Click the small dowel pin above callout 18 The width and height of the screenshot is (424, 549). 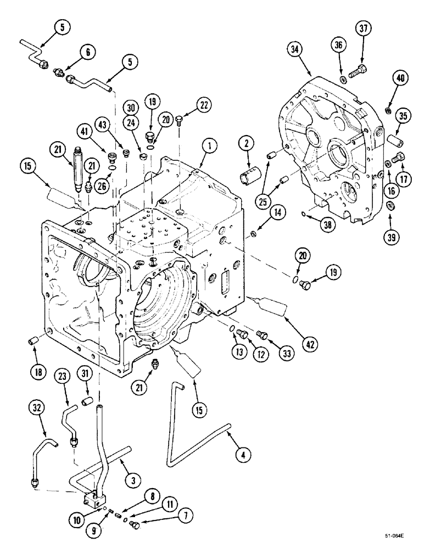tap(33, 343)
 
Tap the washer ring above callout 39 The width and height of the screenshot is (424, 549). tap(391, 206)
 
